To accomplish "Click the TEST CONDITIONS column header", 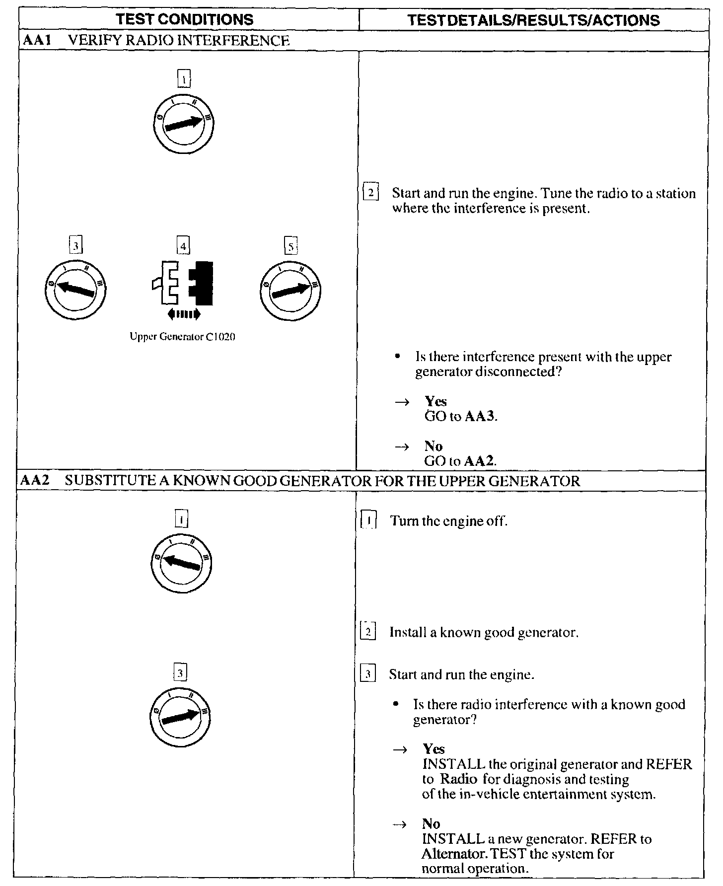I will (184, 19).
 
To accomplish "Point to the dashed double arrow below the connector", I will (184, 313).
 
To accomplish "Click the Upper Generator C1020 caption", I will (182, 337).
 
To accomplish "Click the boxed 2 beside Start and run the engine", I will (371, 193).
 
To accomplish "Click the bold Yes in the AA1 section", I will (435, 401).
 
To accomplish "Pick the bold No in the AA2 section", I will (431, 824).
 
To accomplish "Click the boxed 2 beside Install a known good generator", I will (368, 632).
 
